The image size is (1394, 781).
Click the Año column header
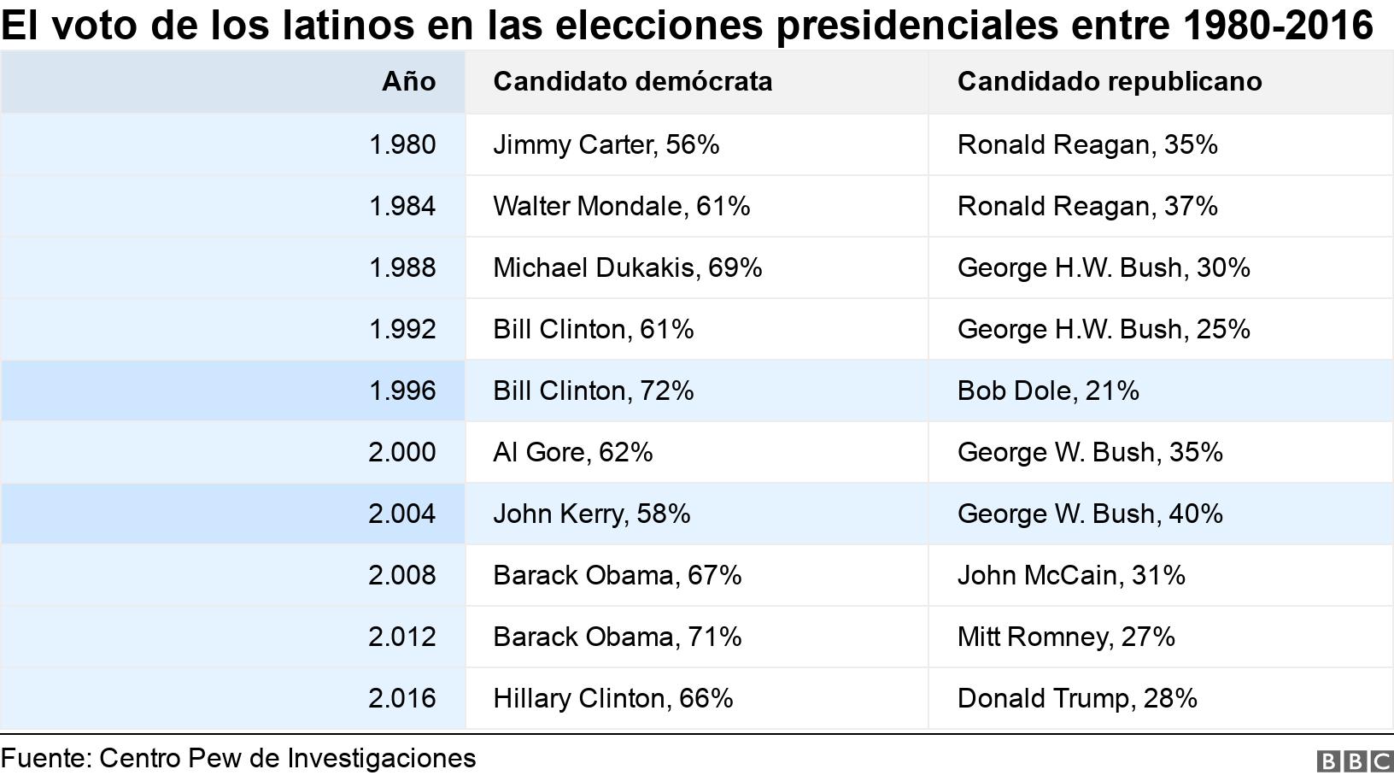pos(408,81)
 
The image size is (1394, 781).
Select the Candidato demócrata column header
pos(632,81)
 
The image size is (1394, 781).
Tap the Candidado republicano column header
pos(1109,81)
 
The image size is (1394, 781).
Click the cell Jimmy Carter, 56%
pos(606,144)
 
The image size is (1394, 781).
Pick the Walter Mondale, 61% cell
pos(621,206)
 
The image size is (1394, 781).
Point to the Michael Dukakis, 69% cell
pos(627,267)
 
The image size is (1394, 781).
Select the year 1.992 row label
pos(401,329)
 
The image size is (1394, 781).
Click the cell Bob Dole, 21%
pos(1047,390)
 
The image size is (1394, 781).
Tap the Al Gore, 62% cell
pos(572,452)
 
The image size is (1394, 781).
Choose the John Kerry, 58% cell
pos(591,514)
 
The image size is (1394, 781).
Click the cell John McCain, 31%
pos(1070,575)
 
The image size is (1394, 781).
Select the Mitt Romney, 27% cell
pos(1065,637)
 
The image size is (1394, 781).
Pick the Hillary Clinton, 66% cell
pos(612,698)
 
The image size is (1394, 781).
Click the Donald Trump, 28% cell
pos(1076,698)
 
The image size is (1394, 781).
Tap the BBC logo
pos(1354,761)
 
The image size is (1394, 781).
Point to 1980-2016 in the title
pos(1278,26)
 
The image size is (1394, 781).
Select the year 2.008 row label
pos(401,575)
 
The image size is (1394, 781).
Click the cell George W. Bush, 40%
pos(1089,514)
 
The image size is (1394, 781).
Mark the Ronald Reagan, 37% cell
pos(1086,206)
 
